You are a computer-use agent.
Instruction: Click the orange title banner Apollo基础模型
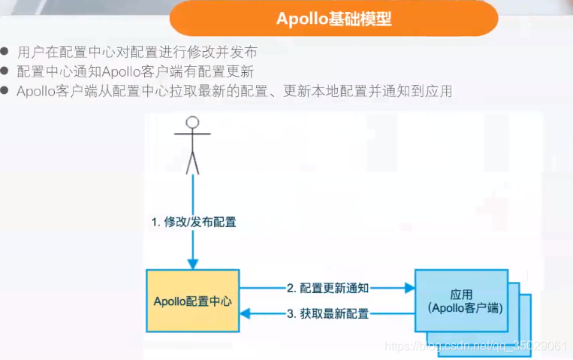333,19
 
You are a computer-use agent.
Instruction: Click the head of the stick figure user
192,123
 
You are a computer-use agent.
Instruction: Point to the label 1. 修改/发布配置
194,222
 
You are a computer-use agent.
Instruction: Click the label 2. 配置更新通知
327,287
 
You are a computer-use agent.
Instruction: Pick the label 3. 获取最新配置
327,313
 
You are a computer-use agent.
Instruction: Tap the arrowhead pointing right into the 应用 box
410,287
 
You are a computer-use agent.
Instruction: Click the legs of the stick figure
192,162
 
